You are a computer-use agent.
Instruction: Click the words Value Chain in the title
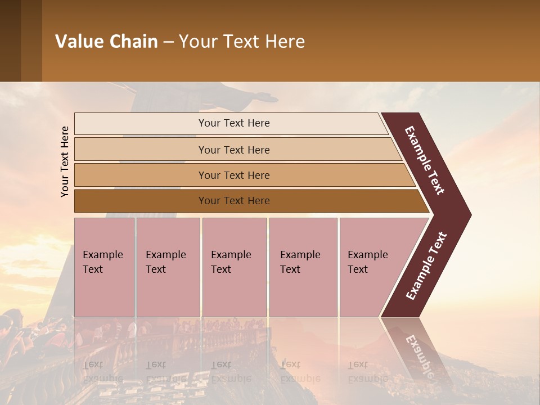coord(106,42)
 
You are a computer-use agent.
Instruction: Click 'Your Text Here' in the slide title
coord(242,42)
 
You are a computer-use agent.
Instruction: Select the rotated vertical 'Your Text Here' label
coord(65,161)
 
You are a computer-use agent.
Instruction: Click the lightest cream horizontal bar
coord(233,123)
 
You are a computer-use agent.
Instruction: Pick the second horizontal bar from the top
coord(233,150)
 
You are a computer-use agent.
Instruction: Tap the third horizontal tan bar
coord(233,175)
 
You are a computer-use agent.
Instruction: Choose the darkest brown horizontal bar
coord(233,201)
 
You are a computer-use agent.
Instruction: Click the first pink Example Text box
coord(104,267)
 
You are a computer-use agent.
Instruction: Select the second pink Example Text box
coord(168,267)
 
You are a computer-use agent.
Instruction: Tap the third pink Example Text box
coord(233,267)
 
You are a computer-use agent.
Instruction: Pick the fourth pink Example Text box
coord(303,267)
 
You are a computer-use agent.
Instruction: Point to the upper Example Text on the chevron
coord(425,160)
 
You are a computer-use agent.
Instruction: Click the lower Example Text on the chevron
coord(426,266)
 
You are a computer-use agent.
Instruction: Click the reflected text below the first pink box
coord(102,371)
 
